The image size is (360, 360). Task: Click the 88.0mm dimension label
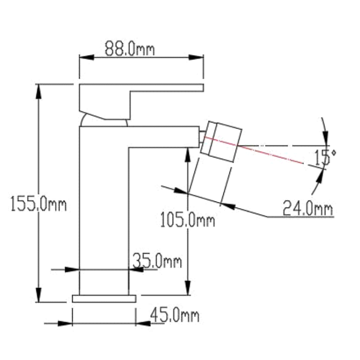click(130, 48)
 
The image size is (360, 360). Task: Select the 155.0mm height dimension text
click(38, 204)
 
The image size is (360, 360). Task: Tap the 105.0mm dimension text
click(187, 220)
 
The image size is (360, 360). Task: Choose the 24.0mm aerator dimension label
click(308, 208)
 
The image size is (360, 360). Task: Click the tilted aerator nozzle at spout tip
click(221, 142)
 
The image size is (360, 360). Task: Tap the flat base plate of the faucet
click(104, 299)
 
